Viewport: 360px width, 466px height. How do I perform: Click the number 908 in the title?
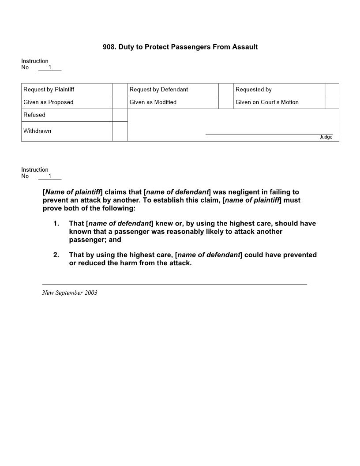(109, 47)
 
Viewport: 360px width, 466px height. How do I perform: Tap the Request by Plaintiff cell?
(49, 90)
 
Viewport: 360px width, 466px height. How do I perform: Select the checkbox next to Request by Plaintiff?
(120, 90)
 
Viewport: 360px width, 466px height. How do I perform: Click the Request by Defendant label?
(158, 90)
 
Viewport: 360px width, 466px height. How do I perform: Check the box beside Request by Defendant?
(226, 90)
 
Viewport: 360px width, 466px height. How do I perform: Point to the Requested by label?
(253, 90)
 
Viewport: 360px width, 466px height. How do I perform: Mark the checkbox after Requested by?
(332, 90)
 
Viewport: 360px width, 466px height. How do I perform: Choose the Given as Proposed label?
(48, 102)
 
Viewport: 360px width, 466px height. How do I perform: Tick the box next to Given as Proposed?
(120, 102)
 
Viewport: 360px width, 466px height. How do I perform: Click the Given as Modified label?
(153, 102)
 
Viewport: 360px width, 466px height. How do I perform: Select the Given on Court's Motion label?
(267, 102)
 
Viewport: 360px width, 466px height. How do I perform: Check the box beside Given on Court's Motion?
(332, 102)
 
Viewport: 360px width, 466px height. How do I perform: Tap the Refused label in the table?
(34, 115)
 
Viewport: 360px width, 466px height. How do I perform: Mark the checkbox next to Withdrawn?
(120, 132)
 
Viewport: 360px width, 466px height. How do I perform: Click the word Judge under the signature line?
(326, 137)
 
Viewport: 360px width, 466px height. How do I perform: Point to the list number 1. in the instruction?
(56, 224)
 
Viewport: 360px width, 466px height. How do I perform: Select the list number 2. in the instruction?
(56, 255)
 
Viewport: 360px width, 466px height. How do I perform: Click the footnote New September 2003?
(70, 293)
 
